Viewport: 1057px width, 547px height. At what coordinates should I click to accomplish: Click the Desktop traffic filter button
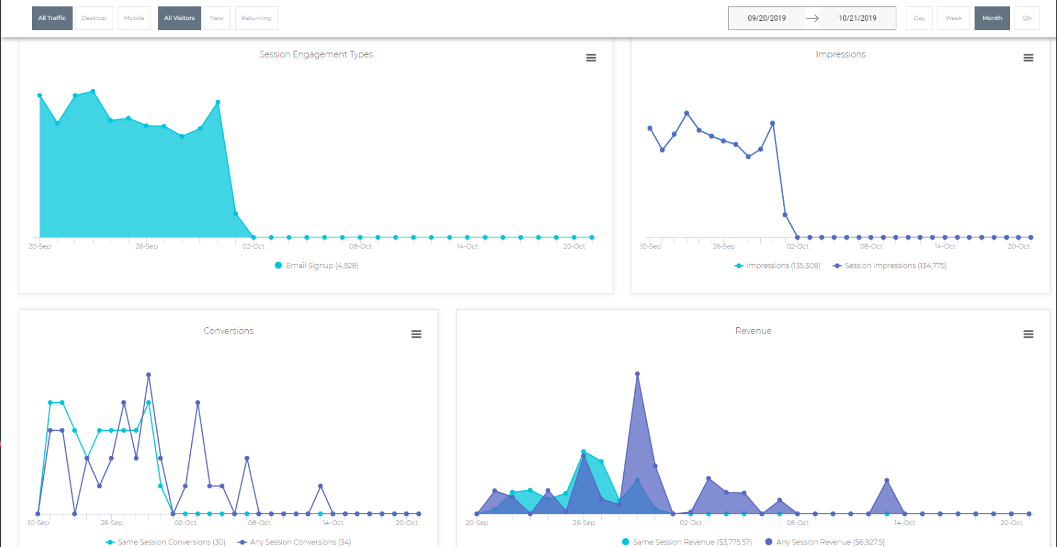click(x=94, y=18)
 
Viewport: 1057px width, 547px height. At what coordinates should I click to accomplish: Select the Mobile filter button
click(x=134, y=18)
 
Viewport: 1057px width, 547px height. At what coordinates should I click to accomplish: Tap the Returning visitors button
click(x=256, y=18)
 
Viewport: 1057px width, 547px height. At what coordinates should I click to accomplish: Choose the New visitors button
click(x=216, y=18)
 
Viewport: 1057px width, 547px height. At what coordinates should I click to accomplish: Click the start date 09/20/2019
click(x=766, y=18)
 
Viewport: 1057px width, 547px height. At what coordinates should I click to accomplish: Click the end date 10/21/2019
click(x=857, y=18)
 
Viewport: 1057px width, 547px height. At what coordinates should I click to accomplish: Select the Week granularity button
click(x=953, y=18)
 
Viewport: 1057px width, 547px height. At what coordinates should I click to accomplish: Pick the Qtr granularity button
click(x=1026, y=18)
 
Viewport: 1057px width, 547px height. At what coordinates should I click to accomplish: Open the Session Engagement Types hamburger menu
click(x=591, y=57)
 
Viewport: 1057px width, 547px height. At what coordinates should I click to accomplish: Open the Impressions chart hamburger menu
click(x=1028, y=57)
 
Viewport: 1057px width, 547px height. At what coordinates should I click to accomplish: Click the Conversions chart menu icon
click(x=416, y=334)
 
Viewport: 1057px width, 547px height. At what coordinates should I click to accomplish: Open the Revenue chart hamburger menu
click(x=1028, y=334)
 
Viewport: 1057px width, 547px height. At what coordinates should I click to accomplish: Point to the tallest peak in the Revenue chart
click(x=637, y=374)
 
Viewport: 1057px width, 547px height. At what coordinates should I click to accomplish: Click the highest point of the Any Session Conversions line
click(x=148, y=375)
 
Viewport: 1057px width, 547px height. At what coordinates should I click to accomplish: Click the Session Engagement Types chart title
click(x=316, y=54)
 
